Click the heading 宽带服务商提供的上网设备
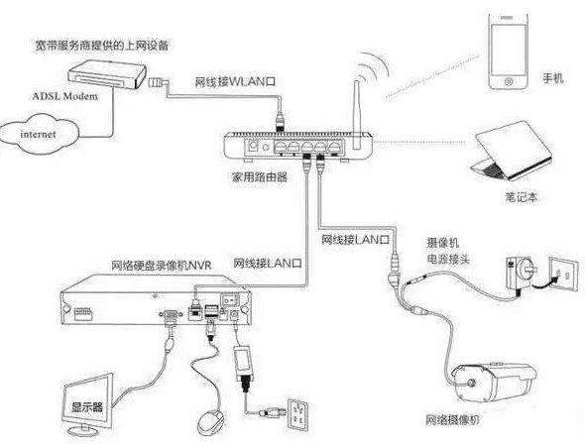[x=102, y=46]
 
